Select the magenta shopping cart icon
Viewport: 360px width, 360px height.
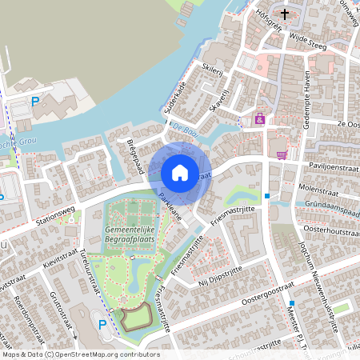tap(282, 154)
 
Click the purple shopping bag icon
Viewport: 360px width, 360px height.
tap(259, 119)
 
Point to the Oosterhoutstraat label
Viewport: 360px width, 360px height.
tap(328, 230)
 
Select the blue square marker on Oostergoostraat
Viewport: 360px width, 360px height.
tap(293, 302)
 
